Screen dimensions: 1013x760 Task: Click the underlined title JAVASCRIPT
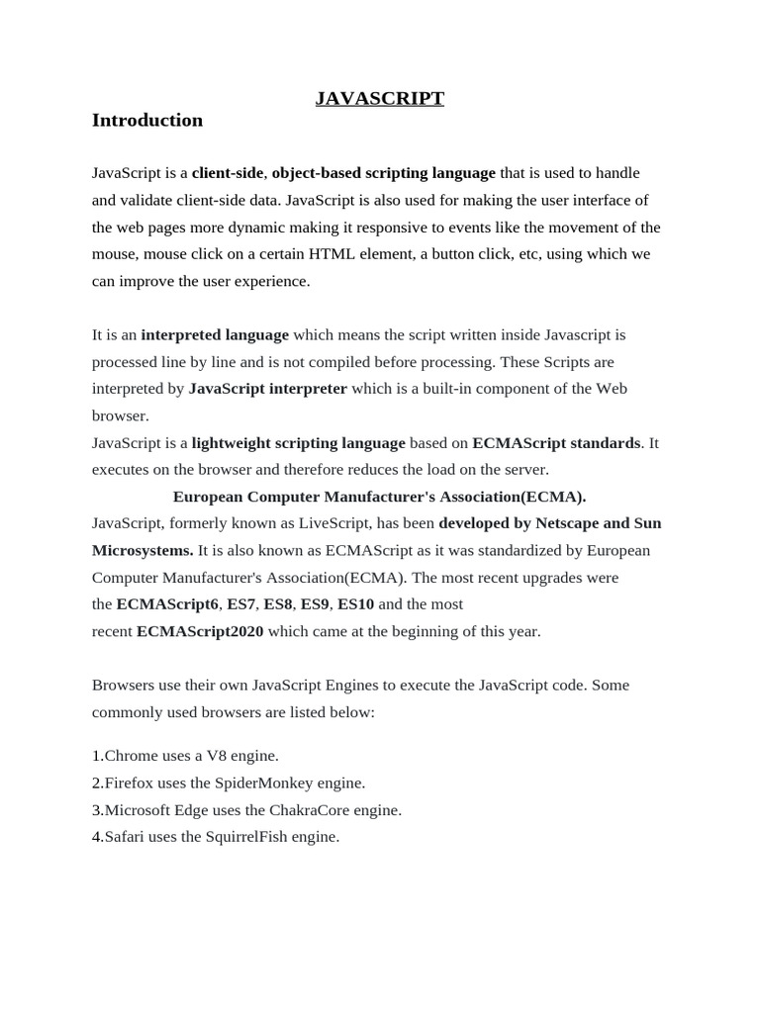click(x=380, y=98)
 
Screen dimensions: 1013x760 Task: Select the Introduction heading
click(x=146, y=120)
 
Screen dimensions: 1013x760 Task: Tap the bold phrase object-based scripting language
click(x=384, y=173)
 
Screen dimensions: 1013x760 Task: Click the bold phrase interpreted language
click(x=215, y=335)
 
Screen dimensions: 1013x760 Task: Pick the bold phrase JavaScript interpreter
click(x=267, y=389)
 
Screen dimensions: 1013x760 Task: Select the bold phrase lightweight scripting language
click(x=298, y=443)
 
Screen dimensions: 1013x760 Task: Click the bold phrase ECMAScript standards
click(x=556, y=443)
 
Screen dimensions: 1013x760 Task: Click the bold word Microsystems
click(x=142, y=550)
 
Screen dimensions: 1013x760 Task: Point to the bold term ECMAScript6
click(x=167, y=604)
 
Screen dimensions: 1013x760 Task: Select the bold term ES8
click(x=278, y=604)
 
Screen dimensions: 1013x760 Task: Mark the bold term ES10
click(x=356, y=604)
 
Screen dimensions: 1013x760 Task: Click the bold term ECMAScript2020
click(x=200, y=631)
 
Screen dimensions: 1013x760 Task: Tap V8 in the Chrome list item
click(x=216, y=756)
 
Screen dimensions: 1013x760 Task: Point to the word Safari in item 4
click(x=125, y=837)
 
